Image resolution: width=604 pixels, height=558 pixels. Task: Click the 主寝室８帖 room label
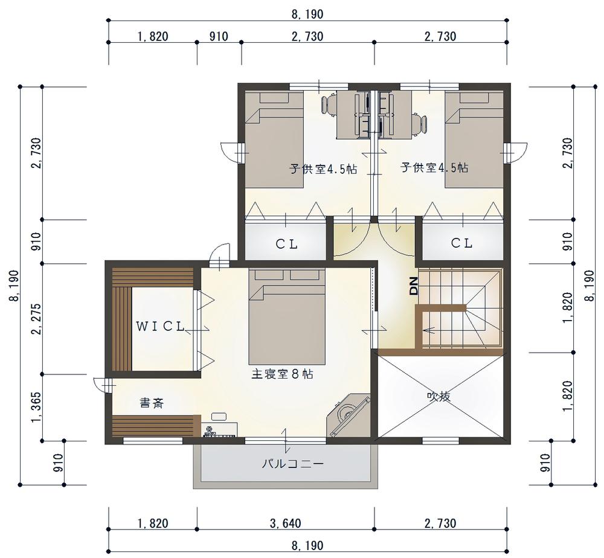click(282, 374)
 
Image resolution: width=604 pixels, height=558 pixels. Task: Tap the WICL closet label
click(161, 327)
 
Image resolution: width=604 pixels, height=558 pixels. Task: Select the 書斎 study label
click(152, 403)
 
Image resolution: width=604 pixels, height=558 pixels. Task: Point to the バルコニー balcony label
click(293, 463)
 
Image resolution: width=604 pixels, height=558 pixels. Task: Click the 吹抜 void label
click(439, 396)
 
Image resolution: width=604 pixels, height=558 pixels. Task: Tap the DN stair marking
click(413, 286)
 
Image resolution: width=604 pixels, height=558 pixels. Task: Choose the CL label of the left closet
click(286, 244)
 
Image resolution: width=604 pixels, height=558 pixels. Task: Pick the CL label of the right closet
click(462, 243)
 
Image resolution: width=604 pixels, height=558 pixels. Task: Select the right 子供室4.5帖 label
click(434, 167)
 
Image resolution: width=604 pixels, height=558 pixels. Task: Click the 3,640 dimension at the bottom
click(286, 524)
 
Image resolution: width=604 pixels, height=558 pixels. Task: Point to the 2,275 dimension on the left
click(36, 319)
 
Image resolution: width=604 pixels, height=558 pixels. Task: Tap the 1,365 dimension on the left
click(36, 407)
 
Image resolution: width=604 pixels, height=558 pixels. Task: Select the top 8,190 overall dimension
click(307, 14)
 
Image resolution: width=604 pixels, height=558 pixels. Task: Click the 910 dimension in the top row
click(219, 37)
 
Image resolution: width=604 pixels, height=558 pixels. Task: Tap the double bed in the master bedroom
click(287, 316)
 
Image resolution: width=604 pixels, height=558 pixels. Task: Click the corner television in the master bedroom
click(349, 415)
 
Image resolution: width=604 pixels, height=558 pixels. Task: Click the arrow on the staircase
click(429, 330)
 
